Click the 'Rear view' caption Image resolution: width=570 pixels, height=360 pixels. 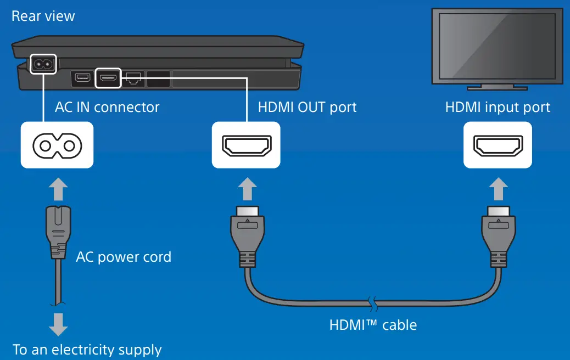tap(43, 16)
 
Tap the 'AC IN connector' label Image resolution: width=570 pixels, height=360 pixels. tap(107, 106)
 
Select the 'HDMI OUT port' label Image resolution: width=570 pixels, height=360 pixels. tap(307, 106)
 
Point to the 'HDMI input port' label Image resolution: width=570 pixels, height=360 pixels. tap(498, 106)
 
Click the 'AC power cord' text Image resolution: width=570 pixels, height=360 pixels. tap(124, 257)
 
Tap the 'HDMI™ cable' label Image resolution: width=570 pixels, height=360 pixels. tap(373, 325)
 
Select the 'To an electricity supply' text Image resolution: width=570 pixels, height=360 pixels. tap(87, 350)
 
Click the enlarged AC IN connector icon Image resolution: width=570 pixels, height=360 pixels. tap(57, 145)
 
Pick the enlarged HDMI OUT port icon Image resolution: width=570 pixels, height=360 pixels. tap(246, 145)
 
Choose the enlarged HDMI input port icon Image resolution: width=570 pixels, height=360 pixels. tap(498, 145)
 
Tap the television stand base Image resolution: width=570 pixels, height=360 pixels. tap(498, 87)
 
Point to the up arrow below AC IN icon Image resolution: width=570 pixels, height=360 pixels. tap(57, 189)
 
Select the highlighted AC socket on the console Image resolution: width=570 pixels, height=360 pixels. tap(43, 65)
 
